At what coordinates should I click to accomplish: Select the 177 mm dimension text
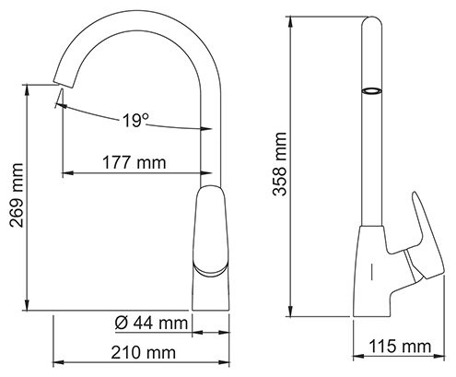134,163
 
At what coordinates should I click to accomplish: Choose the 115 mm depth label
401,347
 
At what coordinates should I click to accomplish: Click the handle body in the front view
209,226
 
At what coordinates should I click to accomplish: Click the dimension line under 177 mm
134,174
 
